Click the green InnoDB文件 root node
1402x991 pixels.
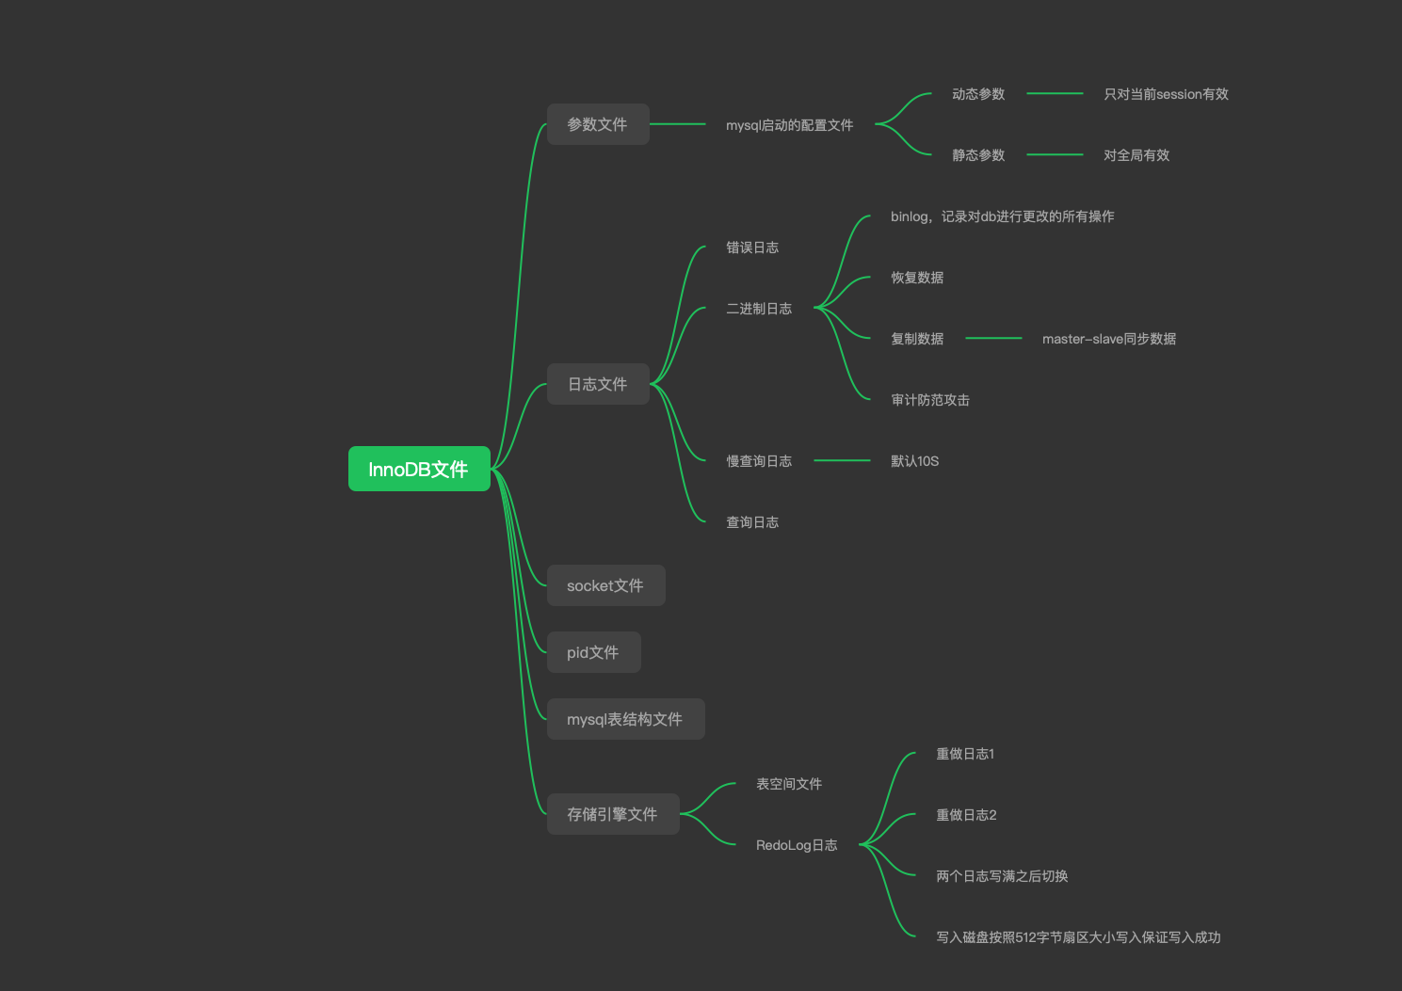419,469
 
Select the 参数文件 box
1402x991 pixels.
598,124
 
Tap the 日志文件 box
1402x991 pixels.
598,384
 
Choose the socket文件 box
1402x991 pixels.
605,585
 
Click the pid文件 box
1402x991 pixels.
593,652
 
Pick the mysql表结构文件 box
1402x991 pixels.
625,719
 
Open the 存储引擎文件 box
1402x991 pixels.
612,814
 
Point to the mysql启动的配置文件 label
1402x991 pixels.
789,125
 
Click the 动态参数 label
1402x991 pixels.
978,94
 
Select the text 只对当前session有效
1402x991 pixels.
1166,94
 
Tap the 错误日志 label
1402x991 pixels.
752,248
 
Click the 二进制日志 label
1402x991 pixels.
759,309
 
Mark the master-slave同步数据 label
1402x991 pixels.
1109,339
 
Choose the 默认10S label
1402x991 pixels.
914,461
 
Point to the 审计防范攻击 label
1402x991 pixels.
930,400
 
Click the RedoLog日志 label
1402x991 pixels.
797,845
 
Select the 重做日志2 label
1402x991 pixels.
966,815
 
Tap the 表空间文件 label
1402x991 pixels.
789,784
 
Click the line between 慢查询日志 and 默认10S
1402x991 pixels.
842,460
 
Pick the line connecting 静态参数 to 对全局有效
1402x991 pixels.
1055,154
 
